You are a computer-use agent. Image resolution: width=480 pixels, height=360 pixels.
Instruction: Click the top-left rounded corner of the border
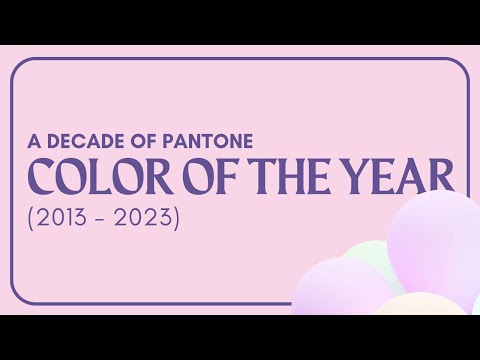18,65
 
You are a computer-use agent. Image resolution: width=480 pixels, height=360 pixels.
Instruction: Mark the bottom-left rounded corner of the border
18,295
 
